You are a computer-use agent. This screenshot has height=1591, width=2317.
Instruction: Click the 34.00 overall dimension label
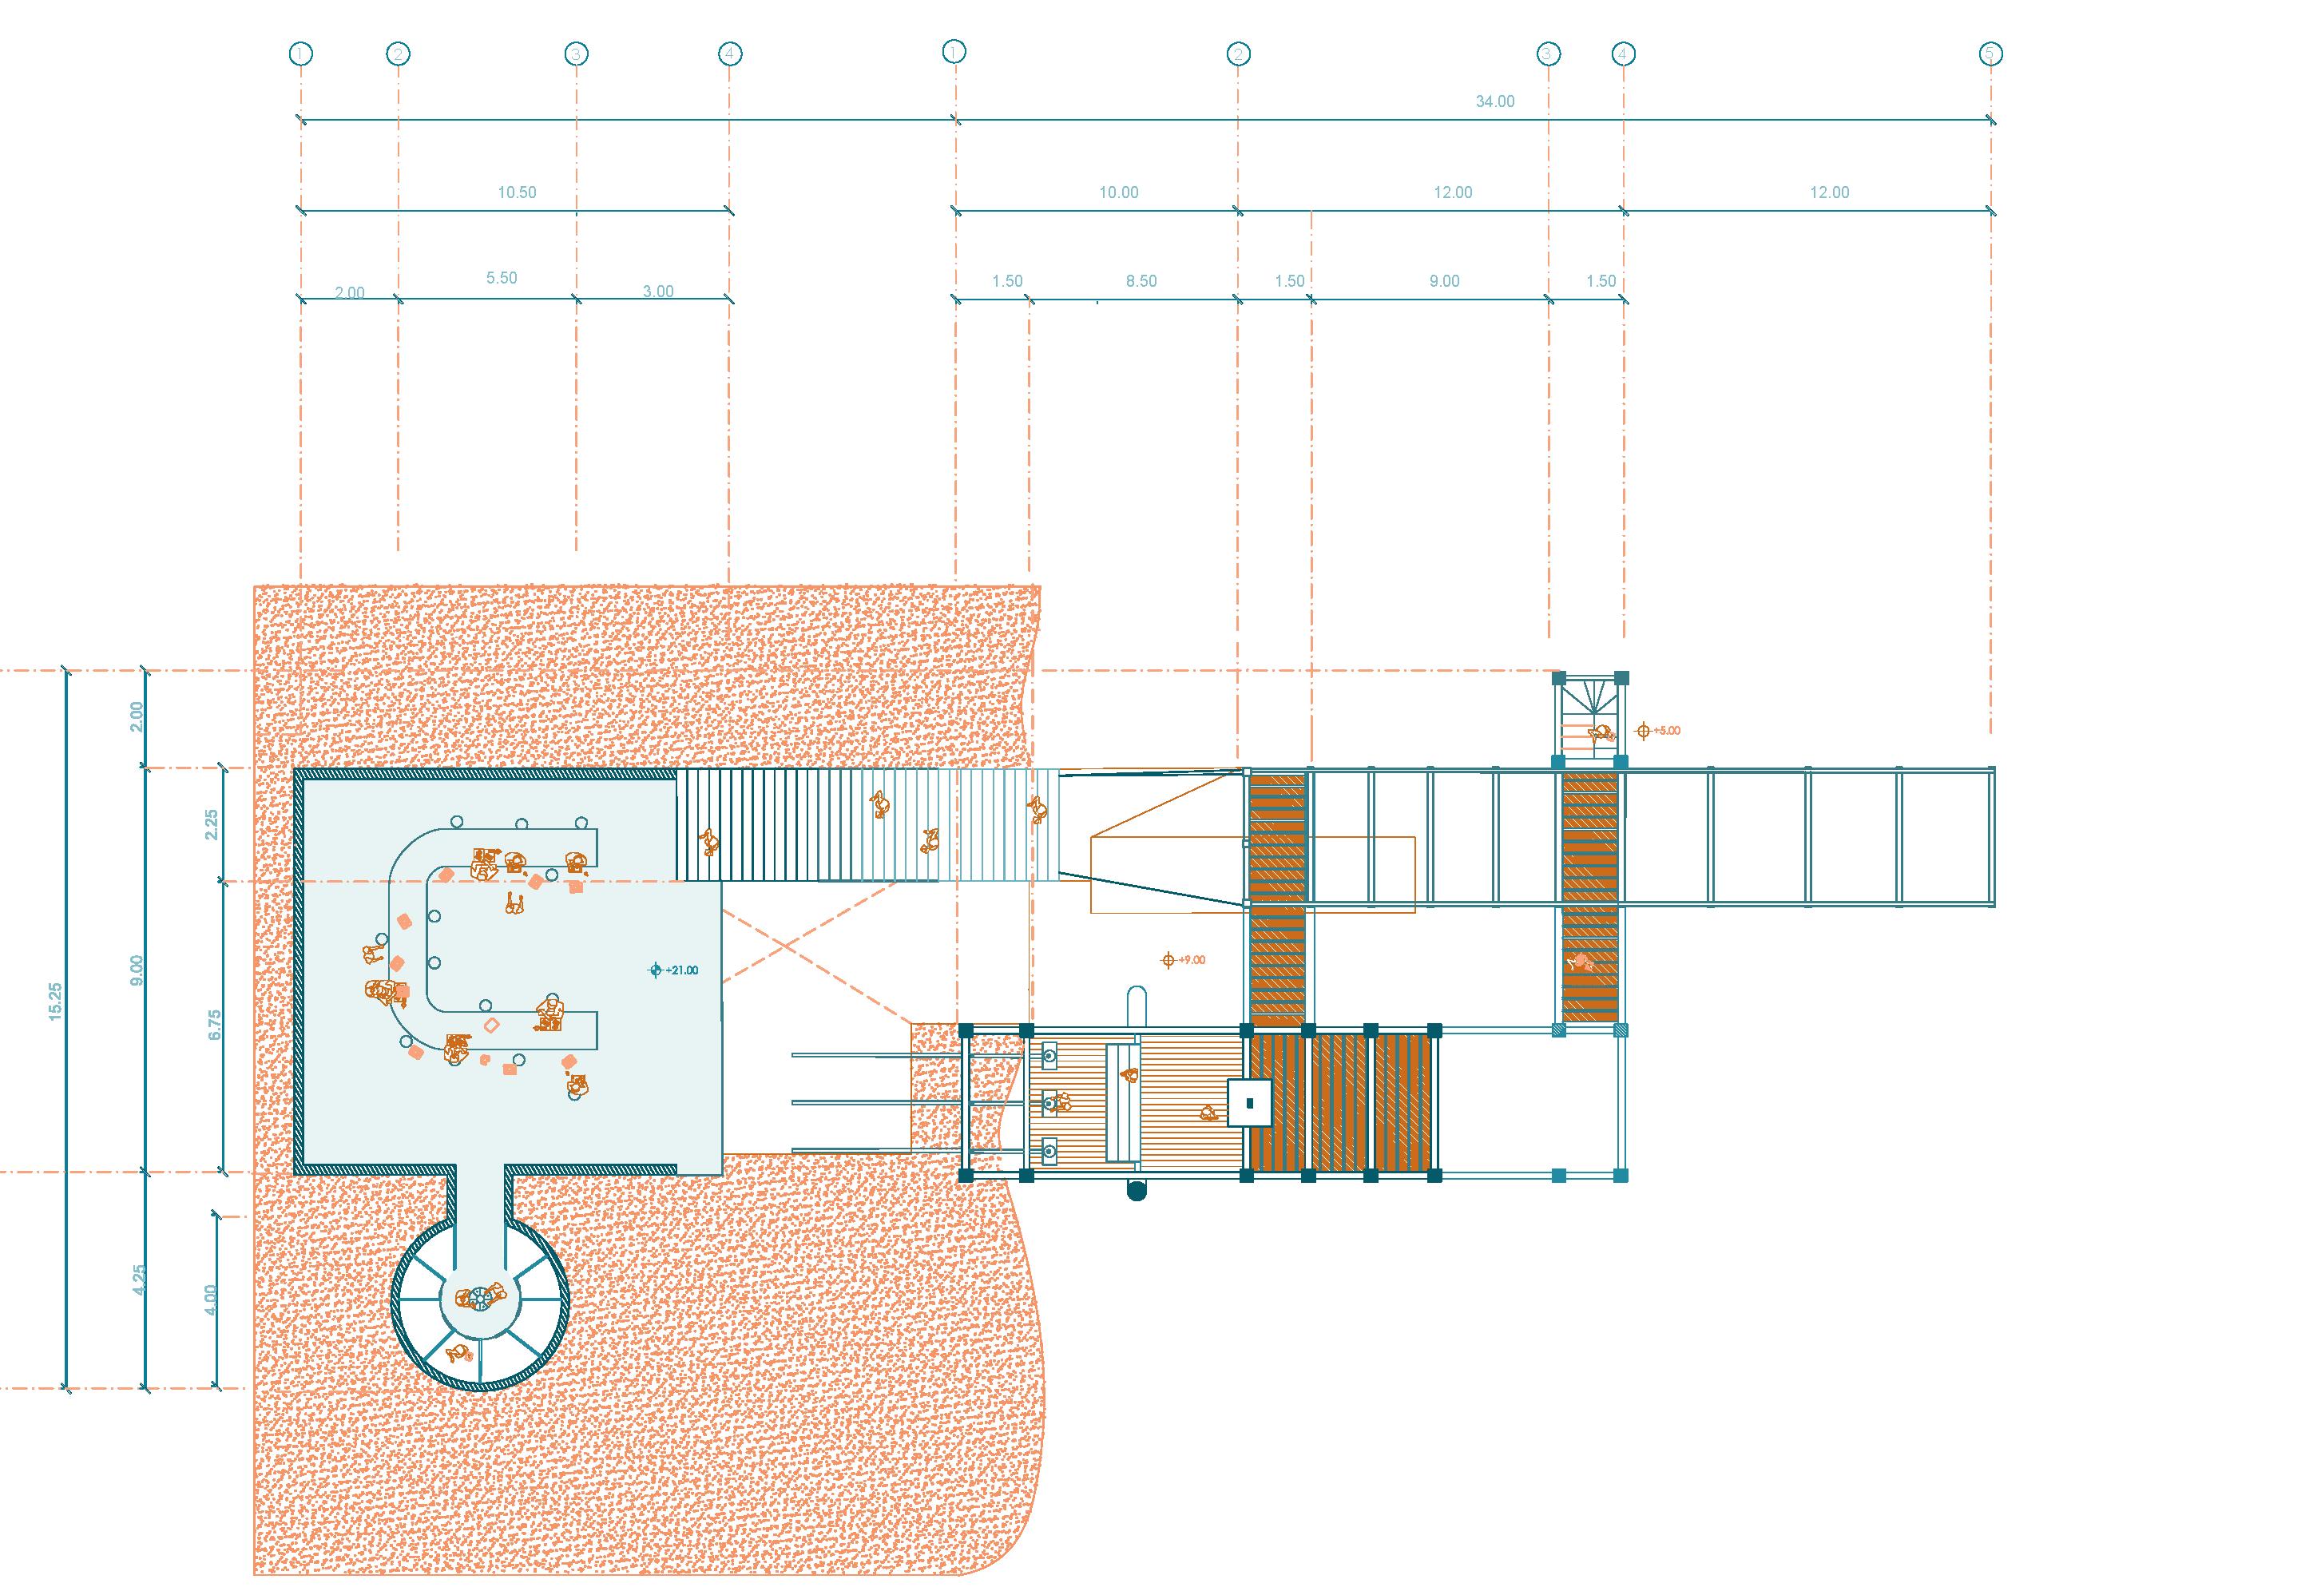tap(1494, 101)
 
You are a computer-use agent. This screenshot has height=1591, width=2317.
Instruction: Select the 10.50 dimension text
tap(517, 192)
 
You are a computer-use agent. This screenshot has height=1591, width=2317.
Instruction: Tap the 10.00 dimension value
tap(1117, 192)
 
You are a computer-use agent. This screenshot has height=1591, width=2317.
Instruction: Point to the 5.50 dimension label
tap(502, 278)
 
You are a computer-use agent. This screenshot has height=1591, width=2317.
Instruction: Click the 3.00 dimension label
tap(657, 291)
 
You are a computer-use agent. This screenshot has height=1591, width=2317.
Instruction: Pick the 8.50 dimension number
tap(1141, 281)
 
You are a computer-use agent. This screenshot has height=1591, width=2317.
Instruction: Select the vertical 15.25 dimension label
tap(55, 1001)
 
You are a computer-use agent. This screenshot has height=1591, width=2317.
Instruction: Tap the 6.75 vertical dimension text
tap(213, 1026)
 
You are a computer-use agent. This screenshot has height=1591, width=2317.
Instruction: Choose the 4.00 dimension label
tap(209, 1300)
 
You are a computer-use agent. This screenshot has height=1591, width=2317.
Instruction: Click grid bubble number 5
tap(1990, 53)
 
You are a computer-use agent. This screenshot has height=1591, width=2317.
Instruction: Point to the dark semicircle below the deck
tap(1136, 1189)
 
